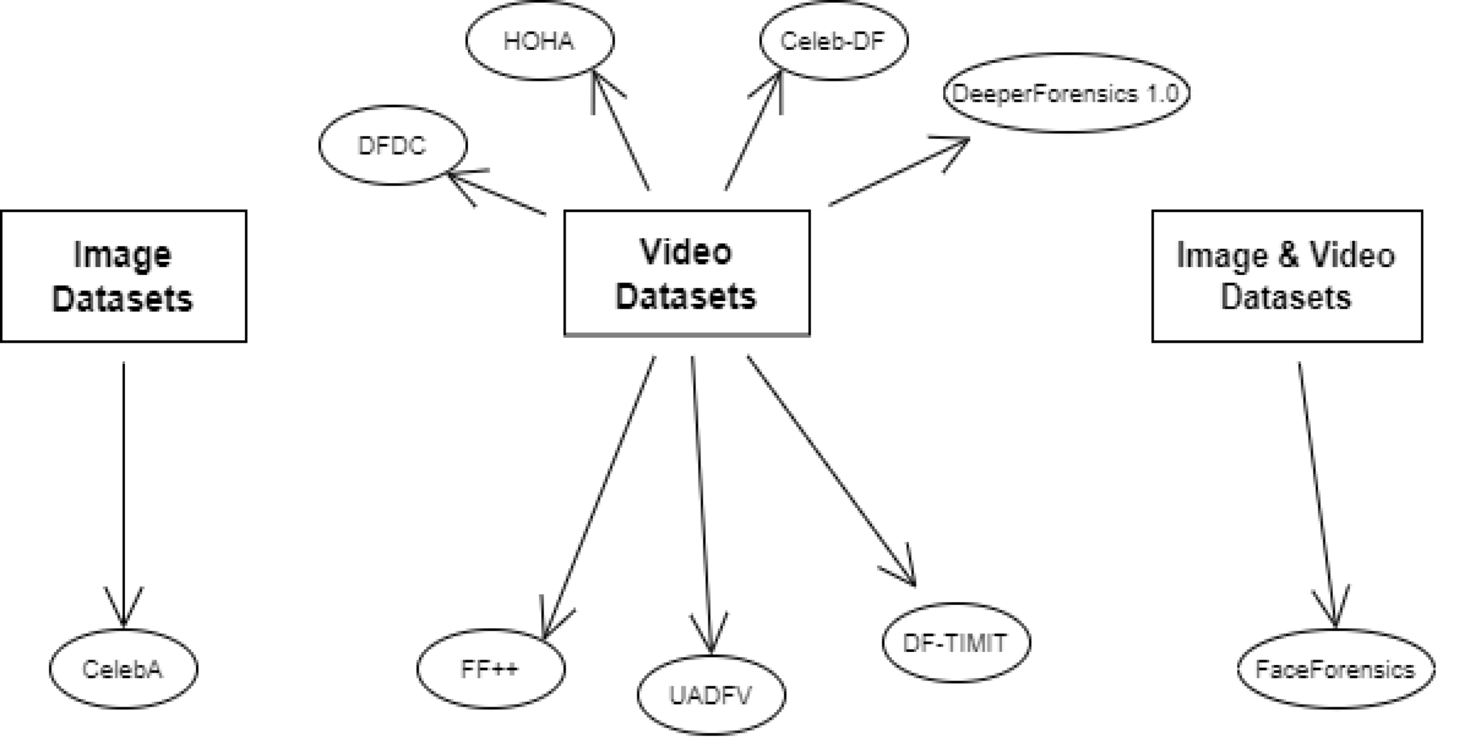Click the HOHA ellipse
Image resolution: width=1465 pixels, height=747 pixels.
540,41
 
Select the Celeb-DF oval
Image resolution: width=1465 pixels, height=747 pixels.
833,41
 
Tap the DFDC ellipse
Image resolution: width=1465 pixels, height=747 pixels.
393,145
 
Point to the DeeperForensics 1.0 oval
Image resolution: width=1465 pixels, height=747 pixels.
1066,93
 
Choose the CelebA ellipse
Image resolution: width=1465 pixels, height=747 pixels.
123,669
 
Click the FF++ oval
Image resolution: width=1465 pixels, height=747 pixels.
490,669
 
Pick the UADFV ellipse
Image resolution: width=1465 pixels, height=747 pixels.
711,695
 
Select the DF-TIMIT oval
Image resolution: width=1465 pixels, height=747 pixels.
956,643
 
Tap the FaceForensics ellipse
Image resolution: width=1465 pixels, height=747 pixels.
1335,669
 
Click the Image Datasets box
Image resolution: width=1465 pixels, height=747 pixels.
123,276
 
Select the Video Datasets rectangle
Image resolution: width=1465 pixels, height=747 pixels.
686,274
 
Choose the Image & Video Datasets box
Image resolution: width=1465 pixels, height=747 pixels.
1286,276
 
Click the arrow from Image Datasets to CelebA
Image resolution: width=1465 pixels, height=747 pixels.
124,487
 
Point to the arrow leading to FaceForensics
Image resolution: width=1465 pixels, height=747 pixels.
1316,487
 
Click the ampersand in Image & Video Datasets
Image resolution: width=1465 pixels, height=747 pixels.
1288,255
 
